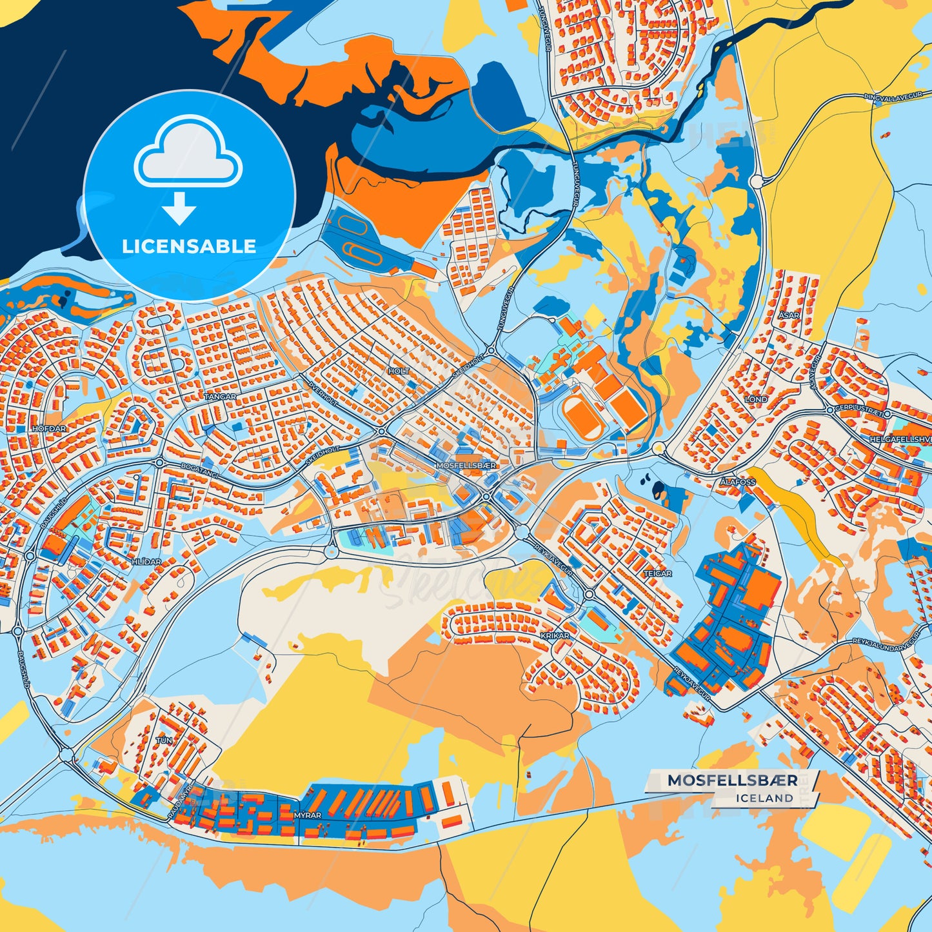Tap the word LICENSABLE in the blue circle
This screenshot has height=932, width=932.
(x=189, y=246)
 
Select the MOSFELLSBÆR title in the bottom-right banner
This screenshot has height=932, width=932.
(x=732, y=780)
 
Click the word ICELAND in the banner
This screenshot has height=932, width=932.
(x=764, y=798)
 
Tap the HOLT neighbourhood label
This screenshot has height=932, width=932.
(x=399, y=372)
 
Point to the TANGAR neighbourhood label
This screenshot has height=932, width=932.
(x=220, y=397)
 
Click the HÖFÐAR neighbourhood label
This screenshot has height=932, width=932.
(x=49, y=428)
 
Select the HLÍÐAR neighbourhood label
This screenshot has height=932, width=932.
(x=146, y=562)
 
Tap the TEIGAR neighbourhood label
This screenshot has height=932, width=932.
(x=657, y=573)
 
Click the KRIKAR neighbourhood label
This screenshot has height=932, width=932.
(x=555, y=635)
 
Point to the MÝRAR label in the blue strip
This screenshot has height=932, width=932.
(x=307, y=815)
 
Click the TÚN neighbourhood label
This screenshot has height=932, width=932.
(x=164, y=740)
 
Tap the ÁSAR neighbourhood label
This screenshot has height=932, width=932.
(x=788, y=315)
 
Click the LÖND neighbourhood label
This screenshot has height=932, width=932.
(x=756, y=399)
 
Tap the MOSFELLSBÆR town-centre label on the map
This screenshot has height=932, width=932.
(x=466, y=464)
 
